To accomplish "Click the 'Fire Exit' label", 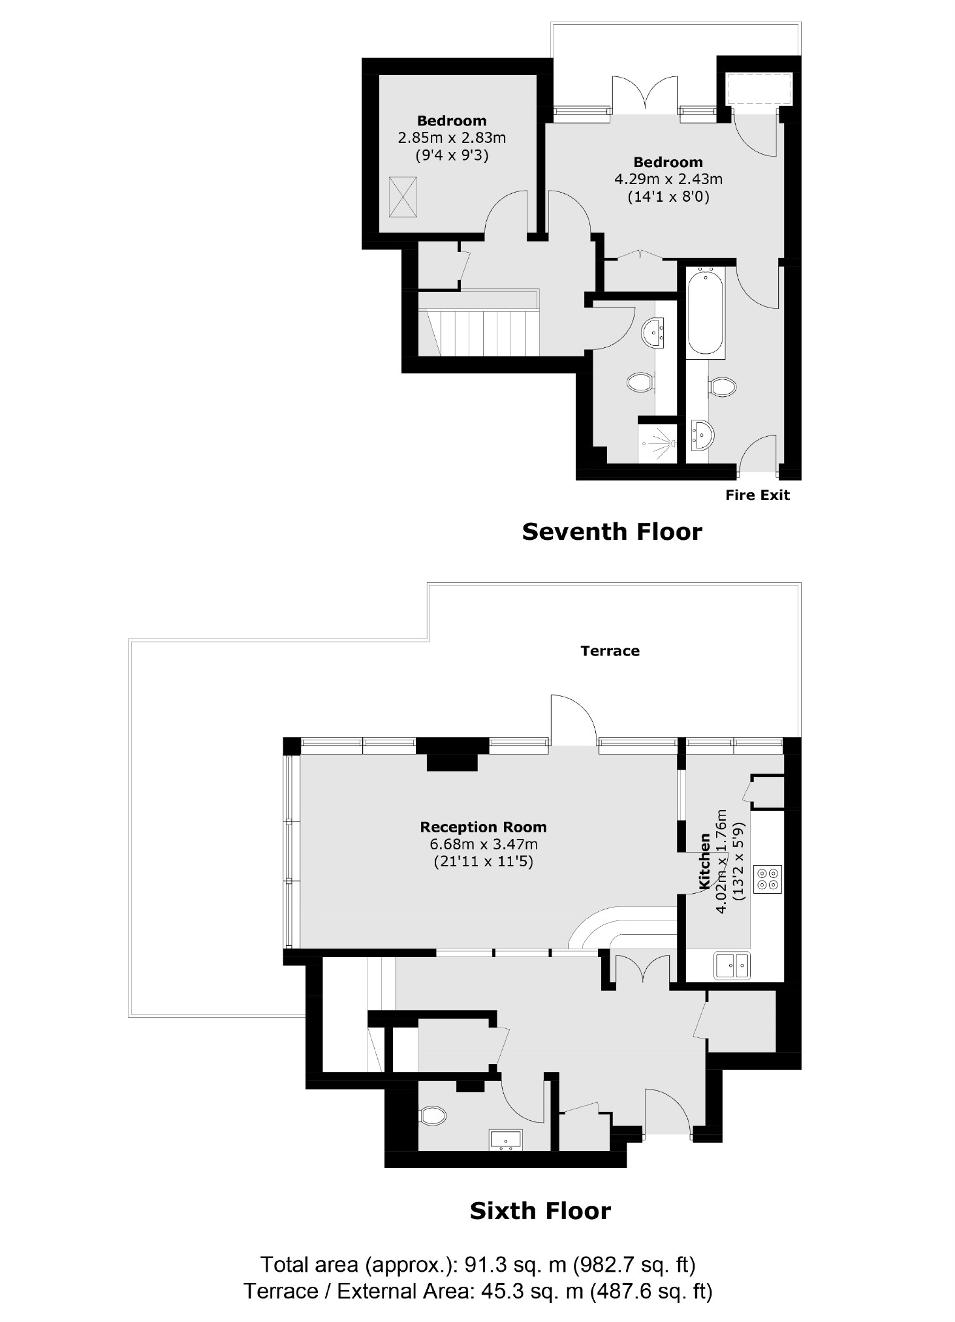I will click(757, 496).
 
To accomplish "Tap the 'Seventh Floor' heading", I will click(612, 532).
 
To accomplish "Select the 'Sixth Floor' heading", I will click(540, 1212).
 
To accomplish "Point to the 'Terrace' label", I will click(610, 651).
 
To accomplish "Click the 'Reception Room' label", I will click(483, 827).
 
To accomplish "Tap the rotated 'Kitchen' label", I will click(704, 861).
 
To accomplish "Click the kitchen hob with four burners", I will click(767, 879).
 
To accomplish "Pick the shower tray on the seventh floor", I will click(657, 443).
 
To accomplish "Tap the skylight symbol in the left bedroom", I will click(403, 197).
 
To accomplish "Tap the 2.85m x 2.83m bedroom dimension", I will click(452, 138).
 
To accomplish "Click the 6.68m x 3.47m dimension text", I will click(483, 845).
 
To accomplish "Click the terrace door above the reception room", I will click(572, 721).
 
